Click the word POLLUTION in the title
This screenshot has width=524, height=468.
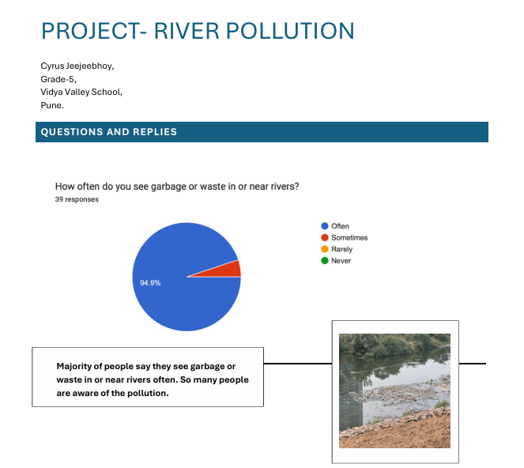290,31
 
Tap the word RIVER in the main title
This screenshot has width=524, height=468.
187,31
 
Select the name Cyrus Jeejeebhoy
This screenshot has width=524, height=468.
77,66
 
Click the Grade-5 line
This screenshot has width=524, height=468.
58,79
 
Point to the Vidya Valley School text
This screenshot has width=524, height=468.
81,92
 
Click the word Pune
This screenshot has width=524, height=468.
52,105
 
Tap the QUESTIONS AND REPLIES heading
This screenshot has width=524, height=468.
108,132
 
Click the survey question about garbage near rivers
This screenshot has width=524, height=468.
177,187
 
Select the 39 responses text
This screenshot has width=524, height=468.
77,199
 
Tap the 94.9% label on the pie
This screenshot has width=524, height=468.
150,283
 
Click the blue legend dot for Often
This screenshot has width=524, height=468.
325,226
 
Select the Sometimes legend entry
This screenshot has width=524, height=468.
345,238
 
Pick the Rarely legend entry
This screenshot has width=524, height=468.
337,249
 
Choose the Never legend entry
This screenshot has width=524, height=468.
336,261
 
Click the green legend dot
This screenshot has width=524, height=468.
325,261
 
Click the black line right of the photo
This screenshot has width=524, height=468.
473,364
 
